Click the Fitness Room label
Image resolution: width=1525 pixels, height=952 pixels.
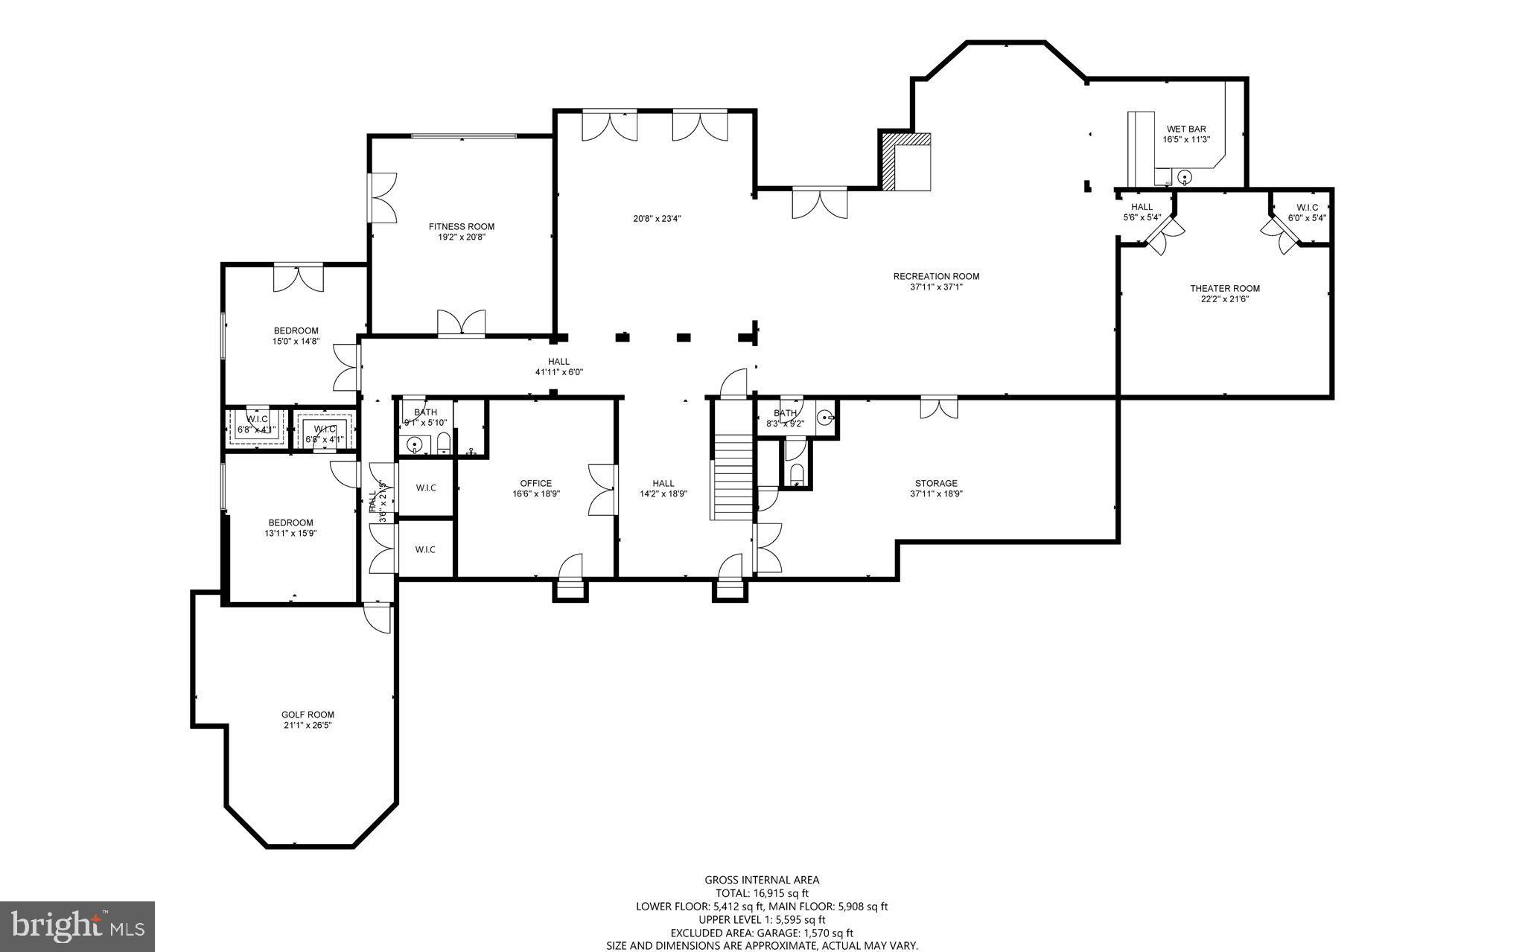pos(461,227)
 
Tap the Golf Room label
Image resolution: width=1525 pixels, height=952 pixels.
pos(308,715)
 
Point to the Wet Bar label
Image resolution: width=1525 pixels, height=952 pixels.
pos(1186,130)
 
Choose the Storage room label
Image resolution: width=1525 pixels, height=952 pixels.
pos(936,483)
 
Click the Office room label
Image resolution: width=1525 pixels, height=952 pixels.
pos(535,483)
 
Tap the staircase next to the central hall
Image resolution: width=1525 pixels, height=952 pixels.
pos(733,476)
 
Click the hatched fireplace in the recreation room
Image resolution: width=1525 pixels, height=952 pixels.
pos(888,162)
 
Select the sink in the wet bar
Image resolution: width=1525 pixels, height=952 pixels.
pos(1185,177)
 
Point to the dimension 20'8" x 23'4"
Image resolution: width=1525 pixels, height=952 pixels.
pos(657,219)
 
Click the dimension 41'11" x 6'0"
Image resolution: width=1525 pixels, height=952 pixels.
pos(558,371)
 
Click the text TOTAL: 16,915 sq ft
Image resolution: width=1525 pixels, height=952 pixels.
pos(762,893)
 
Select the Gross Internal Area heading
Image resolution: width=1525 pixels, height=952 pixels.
pos(762,880)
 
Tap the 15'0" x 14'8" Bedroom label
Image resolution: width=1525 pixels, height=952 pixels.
pos(296,331)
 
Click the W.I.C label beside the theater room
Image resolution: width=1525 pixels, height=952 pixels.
pos(1307,208)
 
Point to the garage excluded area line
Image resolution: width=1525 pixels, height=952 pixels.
pos(762,933)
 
